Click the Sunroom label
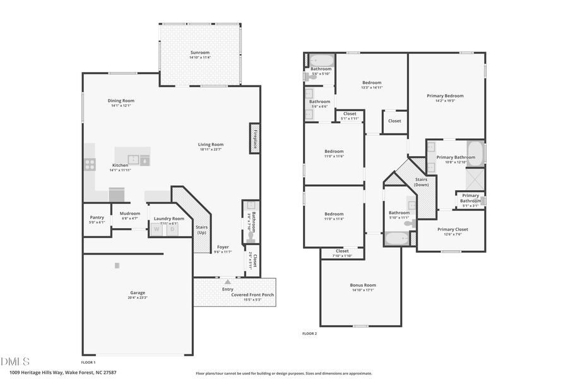[199, 52]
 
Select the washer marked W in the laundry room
[157, 229]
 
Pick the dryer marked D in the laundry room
[171, 229]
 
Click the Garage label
[138, 292]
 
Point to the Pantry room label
[97, 216]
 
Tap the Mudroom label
[130, 213]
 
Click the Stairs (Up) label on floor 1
[202, 230]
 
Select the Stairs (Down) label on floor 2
[421, 182]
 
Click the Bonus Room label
[363, 285]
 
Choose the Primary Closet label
[453, 229]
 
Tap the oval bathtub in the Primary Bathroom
[475, 153]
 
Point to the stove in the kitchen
[90, 164]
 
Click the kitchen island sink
[133, 160]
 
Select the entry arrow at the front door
[227, 280]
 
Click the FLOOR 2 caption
[309, 334]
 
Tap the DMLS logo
[15, 361]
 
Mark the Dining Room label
[120, 100]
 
